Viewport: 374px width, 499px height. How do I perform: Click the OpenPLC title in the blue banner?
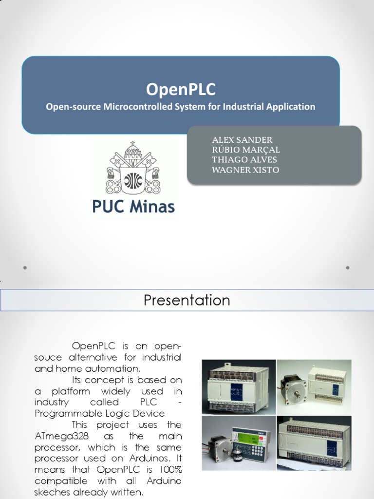click(181, 90)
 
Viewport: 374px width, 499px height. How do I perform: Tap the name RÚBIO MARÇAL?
click(246, 150)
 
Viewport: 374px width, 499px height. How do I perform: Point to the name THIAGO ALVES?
click(244, 159)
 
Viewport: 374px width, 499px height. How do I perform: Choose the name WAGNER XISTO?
click(245, 170)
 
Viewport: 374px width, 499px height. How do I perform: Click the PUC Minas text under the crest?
click(133, 207)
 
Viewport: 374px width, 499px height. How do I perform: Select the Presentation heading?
click(187, 300)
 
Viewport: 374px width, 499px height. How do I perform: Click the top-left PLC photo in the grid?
click(239, 387)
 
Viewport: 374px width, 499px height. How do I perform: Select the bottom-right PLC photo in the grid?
click(314, 442)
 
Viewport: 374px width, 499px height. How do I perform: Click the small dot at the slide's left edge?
click(24, 268)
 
